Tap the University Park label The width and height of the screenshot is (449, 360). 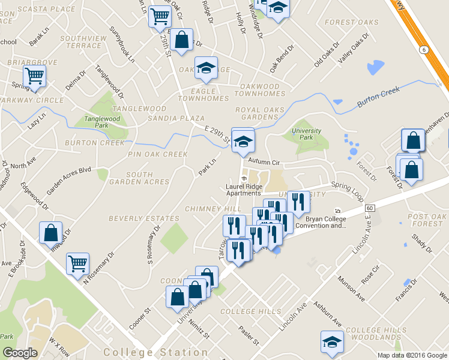click(x=306, y=134)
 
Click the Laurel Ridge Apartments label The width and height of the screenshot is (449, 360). click(x=244, y=190)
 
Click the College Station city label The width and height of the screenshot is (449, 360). click(x=155, y=352)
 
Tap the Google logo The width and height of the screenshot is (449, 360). click(x=20, y=353)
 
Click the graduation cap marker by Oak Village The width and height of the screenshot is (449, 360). click(x=206, y=68)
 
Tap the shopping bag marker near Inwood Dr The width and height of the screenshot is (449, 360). click(x=51, y=233)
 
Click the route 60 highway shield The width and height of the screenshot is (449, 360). click(x=370, y=207)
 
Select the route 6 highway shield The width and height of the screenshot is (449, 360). click(x=424, y=50)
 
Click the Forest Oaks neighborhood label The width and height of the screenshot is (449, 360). click(x=352, y=23)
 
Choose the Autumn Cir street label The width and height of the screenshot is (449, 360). click(x=264, y=162)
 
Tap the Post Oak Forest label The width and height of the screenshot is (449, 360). click(x=427, y=220)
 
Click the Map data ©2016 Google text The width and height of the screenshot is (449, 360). click(x=412, y=355)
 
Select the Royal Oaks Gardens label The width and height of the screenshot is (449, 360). click(x=257, y=113)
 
